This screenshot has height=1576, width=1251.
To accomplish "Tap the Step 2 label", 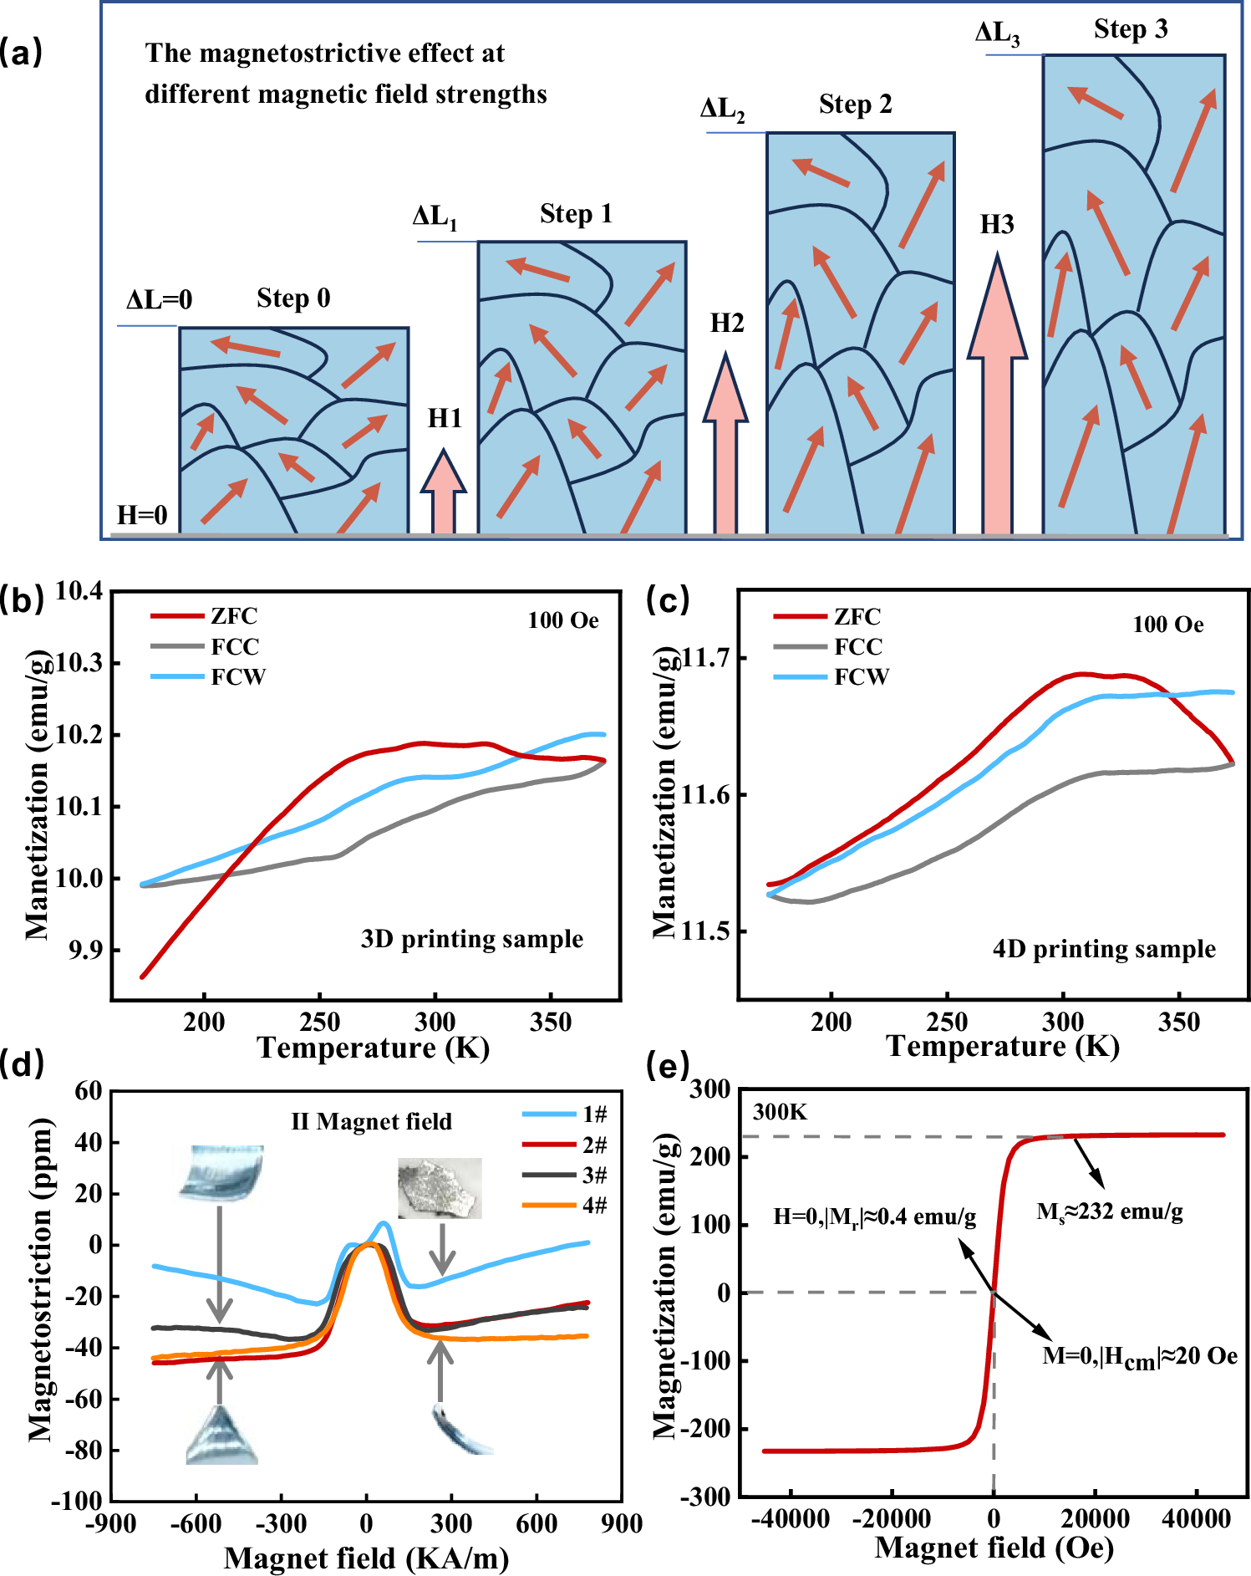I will (x=855, y=105).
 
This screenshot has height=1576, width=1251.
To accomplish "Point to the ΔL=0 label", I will (x=159, y=299).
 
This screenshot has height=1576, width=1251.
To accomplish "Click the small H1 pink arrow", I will (x=443, y=493).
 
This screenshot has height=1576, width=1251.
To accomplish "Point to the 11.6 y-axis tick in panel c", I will (x=705, y=794).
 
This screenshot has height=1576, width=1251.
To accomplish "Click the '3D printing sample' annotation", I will (x=471, y=939).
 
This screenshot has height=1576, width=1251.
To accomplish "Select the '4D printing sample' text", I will (x=1103, y=949).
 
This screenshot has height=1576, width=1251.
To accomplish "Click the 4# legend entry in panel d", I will (x=565, y=1205).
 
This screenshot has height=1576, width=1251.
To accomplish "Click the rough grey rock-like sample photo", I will (x=440, y=1187).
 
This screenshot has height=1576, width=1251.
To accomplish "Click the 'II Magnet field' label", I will (x=371, y=1122).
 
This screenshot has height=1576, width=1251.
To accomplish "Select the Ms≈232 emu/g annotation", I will (x=1109, y=1211).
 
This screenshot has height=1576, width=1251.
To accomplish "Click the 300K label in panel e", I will (x=780, y=1112).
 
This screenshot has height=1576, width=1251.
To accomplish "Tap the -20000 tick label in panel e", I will (x=890, y=1518).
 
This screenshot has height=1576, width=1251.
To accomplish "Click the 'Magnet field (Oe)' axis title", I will (x=994, y=1548).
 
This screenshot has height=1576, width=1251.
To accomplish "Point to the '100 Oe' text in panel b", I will (x=562, y=620).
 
